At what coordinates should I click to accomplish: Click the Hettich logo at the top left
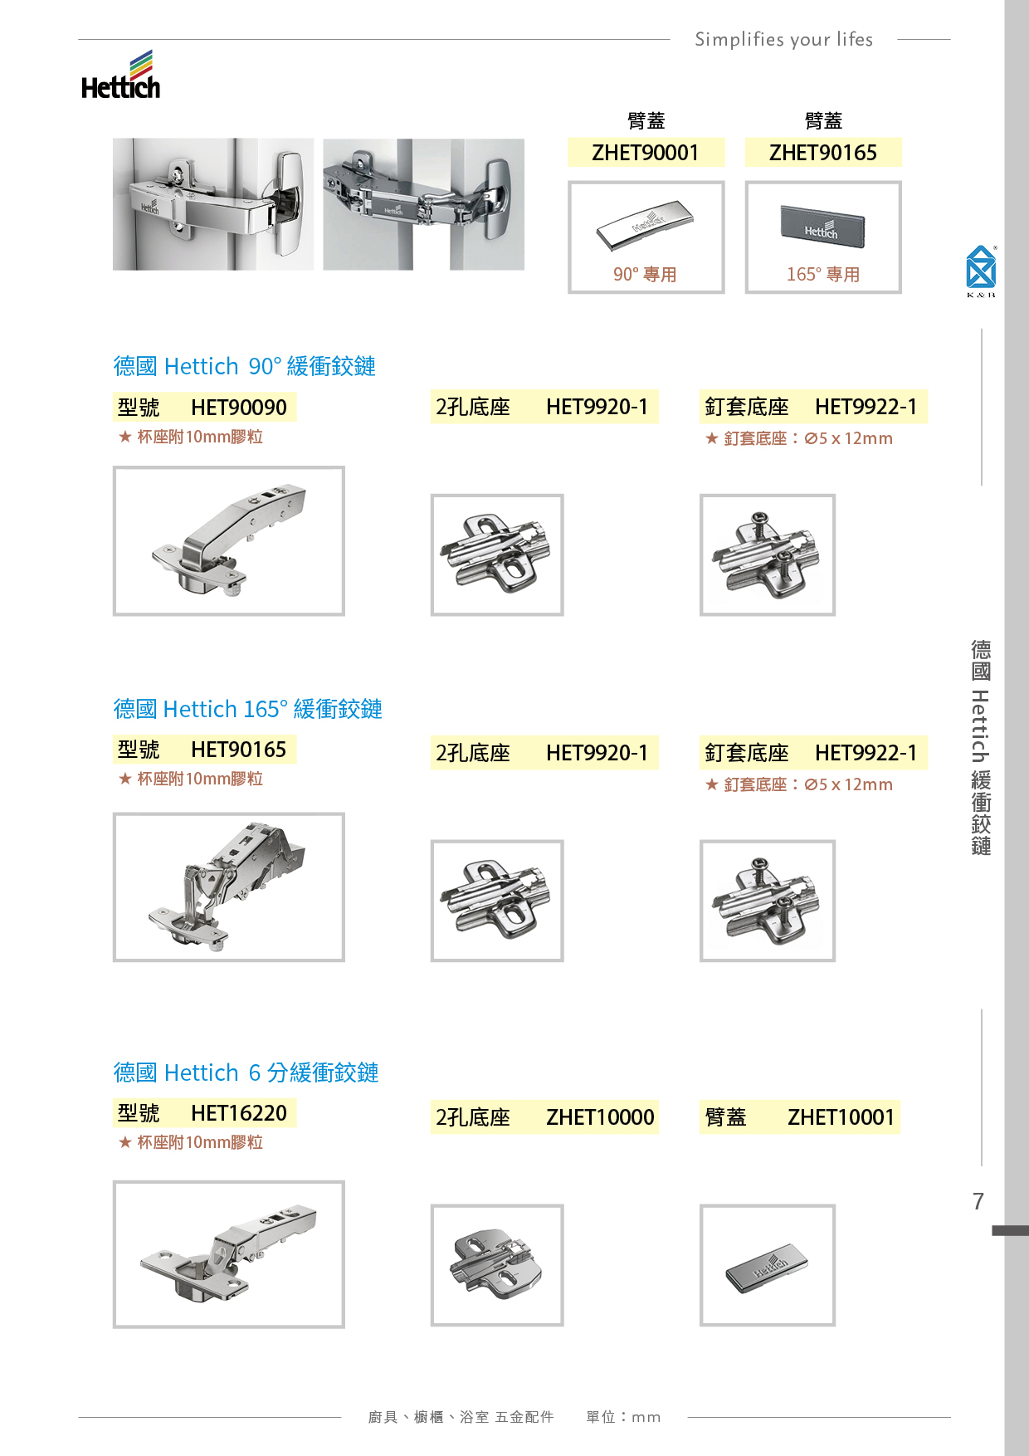coord(121,76)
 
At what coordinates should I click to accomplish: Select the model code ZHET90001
coord(646,153)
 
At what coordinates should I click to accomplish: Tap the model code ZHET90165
coord(823,153)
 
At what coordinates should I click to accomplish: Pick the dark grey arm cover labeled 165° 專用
coord(822,227)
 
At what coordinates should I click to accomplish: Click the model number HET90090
coord(239,408)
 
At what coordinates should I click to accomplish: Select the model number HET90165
coord(239,750)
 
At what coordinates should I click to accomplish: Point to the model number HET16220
coord(239,1113)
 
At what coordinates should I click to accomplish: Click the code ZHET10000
coord(600,1117)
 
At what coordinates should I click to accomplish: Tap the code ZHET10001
coord(841,1117)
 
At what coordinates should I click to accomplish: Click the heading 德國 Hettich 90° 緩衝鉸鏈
coord(245,366)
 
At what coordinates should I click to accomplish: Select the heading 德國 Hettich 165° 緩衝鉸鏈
coord(247,709)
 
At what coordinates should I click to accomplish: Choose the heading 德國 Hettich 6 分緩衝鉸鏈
coord(246,1072)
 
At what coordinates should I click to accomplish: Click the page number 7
coord(978,1201)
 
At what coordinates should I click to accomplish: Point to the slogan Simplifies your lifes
coord(783,39)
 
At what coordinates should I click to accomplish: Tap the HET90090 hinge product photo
coord(228,540)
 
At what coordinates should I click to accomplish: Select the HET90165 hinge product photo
coord(228,887)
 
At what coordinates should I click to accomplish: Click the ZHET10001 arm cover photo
coord(767,1265)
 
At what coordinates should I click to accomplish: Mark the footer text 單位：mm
coord(623,1417)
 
